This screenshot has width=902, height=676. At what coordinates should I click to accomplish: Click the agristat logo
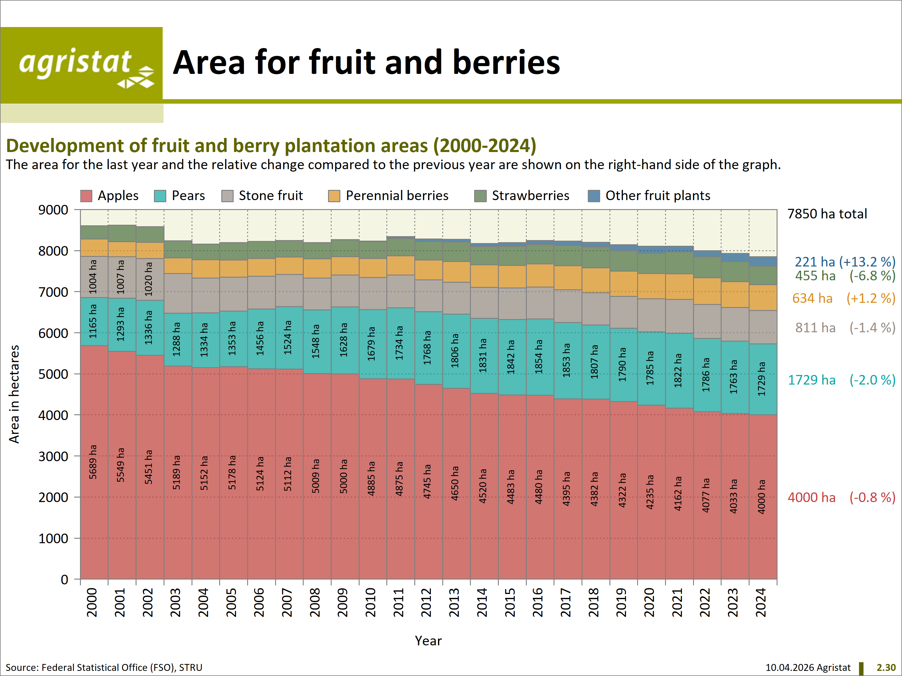[81, 64]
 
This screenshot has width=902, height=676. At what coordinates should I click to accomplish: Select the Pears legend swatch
[160, 196]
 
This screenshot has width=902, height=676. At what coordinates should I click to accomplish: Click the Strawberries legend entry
[530, 196]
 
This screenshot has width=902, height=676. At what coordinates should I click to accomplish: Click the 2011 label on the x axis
[398, 602]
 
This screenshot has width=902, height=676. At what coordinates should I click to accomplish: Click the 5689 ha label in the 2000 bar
[93, 462]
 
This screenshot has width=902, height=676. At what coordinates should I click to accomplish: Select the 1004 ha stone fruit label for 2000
[93, 277]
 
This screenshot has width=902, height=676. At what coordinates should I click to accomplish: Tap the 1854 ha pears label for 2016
[539, 357]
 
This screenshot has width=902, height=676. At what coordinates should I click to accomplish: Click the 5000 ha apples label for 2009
[344, 476]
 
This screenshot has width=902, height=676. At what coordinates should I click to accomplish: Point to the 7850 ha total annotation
[827, 214]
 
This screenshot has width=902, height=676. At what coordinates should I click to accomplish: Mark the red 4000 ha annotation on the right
[811, 498]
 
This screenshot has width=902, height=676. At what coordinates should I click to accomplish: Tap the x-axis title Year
[428, 641]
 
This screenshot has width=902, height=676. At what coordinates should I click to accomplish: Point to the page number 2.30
[886, 668]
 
